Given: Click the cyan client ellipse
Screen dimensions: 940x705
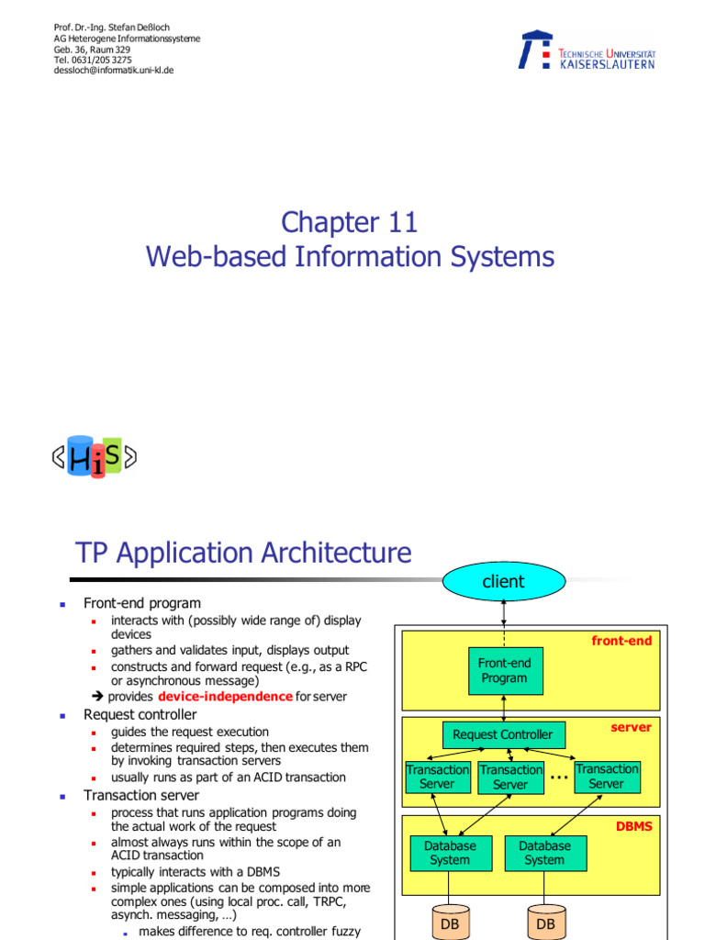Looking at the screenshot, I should (503, 581).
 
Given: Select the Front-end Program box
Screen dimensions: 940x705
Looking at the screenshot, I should (504, 671).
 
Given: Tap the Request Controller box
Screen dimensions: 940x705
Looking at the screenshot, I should (503, 734).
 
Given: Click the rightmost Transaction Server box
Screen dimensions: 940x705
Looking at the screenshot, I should (607, 777).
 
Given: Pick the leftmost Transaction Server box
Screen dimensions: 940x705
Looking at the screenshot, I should (437, 778).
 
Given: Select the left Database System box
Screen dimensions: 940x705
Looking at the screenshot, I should (450, 853).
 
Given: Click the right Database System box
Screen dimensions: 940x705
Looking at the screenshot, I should (544, 853).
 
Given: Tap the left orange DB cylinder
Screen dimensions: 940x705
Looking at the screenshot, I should (450, 922).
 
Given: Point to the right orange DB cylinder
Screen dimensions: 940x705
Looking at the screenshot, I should (545, 922).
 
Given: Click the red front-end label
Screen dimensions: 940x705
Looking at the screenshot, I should (621, 641).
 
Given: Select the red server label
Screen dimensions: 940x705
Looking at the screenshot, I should (631, 727).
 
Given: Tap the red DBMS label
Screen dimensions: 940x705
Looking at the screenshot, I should (633, 826).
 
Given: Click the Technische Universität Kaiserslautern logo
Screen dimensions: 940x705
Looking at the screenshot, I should (587, 51).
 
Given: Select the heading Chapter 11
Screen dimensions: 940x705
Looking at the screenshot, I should (350, 222).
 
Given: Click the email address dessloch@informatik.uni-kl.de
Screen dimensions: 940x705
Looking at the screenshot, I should (114, 70).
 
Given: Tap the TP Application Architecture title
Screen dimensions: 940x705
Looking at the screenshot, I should (243, 554).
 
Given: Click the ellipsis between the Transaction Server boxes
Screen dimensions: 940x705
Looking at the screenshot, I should (558, 778).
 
